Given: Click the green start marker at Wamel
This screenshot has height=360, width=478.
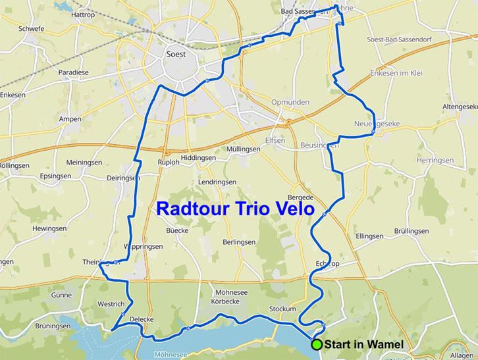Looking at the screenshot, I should click(317, 344).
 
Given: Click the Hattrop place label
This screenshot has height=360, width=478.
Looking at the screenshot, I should click(83, 14).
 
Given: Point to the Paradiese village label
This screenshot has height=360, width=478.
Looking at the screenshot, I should click(74, 72).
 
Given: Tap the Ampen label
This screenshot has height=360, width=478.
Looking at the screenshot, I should click(70, 119).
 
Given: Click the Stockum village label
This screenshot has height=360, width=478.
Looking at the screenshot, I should click(282, 309).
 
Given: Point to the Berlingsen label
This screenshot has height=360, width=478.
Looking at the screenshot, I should click(238, 242).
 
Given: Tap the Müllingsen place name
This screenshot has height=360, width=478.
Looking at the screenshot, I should click(244, 149).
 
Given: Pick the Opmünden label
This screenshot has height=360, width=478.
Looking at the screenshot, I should click(290, 103).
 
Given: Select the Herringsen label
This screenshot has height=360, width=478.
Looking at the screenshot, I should click(435, 160).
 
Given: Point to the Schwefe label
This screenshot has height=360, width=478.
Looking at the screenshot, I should click(32, 30).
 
